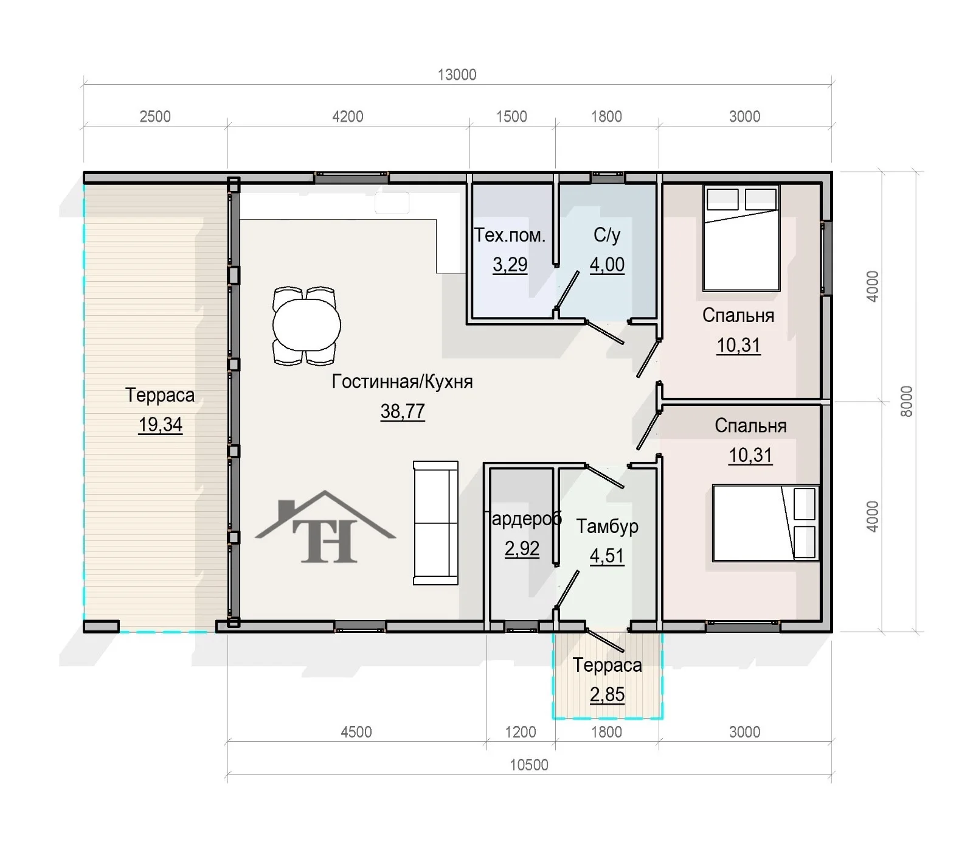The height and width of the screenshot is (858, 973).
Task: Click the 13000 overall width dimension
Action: (457, 75)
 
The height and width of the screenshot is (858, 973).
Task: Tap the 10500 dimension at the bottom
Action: (528, 765)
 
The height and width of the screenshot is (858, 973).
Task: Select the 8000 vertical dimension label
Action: (906, 401)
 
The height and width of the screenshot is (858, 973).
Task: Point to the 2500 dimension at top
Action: (155, 116)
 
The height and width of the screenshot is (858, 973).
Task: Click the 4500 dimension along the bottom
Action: (356, 731)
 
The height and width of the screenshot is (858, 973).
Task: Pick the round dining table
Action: (306, 326)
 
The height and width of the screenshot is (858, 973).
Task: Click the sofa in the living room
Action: (435, 523)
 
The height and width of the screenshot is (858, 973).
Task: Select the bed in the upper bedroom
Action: (741, 239)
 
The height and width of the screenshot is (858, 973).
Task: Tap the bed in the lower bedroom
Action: (766, 523)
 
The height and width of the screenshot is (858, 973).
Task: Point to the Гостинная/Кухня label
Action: (402, 382)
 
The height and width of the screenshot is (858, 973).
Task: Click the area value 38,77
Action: (403, 411)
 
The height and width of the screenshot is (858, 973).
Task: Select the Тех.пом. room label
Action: (510, 235)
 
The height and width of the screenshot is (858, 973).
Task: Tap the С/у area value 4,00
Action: (607, 265)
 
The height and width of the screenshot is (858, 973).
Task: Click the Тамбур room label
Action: (607, 526)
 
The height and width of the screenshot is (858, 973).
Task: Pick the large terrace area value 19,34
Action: (161, 425)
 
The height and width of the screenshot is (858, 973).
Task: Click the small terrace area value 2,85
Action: (607, 694)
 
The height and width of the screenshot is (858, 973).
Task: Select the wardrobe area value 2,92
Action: (522, 548)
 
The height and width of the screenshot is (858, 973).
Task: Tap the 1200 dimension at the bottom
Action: (521, 731)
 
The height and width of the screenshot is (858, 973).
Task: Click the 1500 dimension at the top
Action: (511, 116)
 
